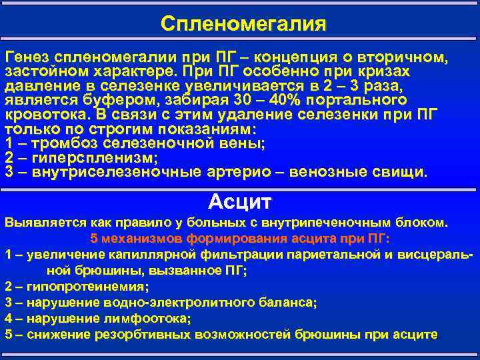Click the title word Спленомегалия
click(x=243, y=25)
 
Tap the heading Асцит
click(x=240, y=201)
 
